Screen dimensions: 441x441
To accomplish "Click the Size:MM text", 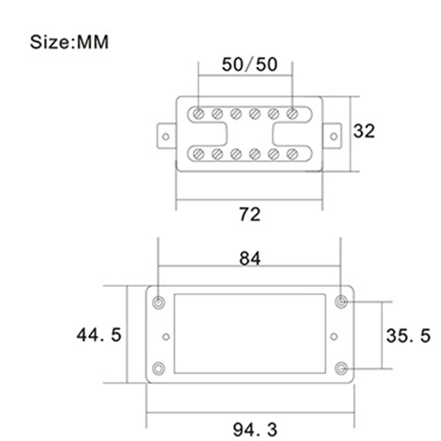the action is tap(69, 42).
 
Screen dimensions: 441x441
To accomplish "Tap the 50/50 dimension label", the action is tap(250, 64).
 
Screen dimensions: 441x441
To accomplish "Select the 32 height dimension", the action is tap(364, 131).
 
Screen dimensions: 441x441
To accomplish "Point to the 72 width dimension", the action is tap(250, 214).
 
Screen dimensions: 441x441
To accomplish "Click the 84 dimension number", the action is tap(250, 259).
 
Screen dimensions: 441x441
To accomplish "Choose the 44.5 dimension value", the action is tap(99, 335).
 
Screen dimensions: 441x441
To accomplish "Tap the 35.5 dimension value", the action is tap(408, 336).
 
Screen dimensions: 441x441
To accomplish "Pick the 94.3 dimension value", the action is tap(255, 429).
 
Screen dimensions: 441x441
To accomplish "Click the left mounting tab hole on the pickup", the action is tap(166, 137).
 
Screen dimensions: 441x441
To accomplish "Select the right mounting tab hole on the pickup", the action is tap(334, 137).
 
